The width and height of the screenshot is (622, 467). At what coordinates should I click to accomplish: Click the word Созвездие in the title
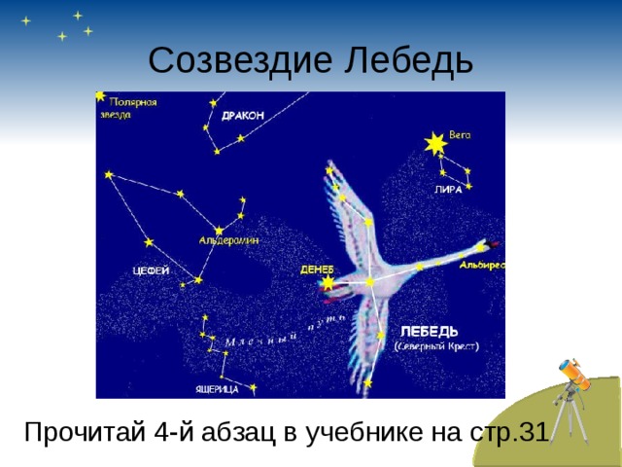(x=237, y=61)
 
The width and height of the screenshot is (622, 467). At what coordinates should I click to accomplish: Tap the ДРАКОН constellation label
(x=243, y=115)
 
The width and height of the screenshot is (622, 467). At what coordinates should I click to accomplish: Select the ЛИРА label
(x=448, y=190)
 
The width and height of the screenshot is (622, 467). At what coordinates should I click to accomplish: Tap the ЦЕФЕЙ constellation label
(x=151, y=269)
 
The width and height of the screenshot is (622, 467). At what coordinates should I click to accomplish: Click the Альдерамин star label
(x=229, y=240)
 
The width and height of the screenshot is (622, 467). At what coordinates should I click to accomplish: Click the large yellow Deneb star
(x=328, y=282)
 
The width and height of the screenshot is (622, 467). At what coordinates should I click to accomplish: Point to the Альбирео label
(x=482, y=265)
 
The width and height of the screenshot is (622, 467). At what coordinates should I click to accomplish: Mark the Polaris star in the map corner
(x=100, y=95)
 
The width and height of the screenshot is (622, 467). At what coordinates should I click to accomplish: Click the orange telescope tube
(x=572, y=374)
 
